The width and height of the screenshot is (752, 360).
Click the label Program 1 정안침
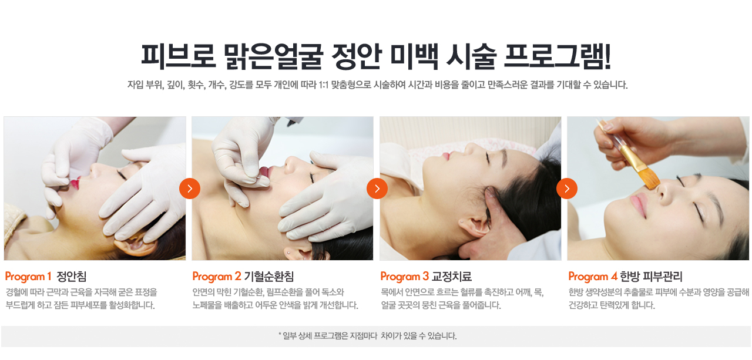[x=46, y=277]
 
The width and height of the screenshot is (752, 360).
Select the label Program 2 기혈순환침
[x=243, y=277]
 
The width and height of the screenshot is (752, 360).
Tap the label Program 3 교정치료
[x=426, y=277]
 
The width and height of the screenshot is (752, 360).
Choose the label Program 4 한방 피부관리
[x=625, y=277]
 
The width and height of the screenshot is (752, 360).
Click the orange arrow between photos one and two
[x=190, y=189]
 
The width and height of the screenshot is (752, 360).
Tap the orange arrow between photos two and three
[x=377, y=189]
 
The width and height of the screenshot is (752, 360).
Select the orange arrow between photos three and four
[x=567, y=189]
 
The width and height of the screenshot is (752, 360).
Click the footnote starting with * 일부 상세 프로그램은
[x=367, y=337]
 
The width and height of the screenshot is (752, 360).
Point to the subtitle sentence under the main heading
[x=377, y=85]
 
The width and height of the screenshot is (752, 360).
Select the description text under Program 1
[x=81, y=299]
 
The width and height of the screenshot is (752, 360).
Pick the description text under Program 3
[x=462, y=299]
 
